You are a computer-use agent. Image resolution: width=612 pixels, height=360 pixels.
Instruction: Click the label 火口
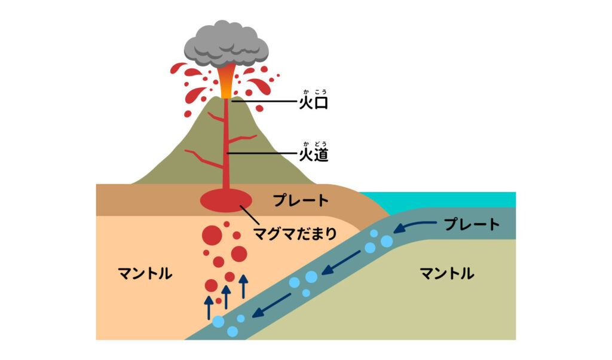tap(314, 103)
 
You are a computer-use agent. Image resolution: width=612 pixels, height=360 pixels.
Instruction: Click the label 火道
tap(314, 155)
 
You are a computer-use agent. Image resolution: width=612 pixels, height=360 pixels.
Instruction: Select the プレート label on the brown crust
tap(301, 200)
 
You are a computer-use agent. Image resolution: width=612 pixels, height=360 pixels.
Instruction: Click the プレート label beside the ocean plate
tap(472, 225)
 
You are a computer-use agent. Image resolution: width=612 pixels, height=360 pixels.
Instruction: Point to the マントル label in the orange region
tap(145, 274)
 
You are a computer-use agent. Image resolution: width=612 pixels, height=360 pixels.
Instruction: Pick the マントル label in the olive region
tap(447, 274)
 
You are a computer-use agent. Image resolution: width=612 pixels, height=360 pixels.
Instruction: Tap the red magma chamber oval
tap(226, 200)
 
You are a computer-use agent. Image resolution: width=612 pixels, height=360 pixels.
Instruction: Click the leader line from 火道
tap(263, 154)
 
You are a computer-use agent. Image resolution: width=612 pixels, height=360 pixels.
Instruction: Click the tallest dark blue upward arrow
tap(243, 286)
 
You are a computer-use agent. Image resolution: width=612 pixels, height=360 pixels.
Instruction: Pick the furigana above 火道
tap(314, 143)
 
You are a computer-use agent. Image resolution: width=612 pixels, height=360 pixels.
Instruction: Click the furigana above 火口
tap(314, 91)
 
